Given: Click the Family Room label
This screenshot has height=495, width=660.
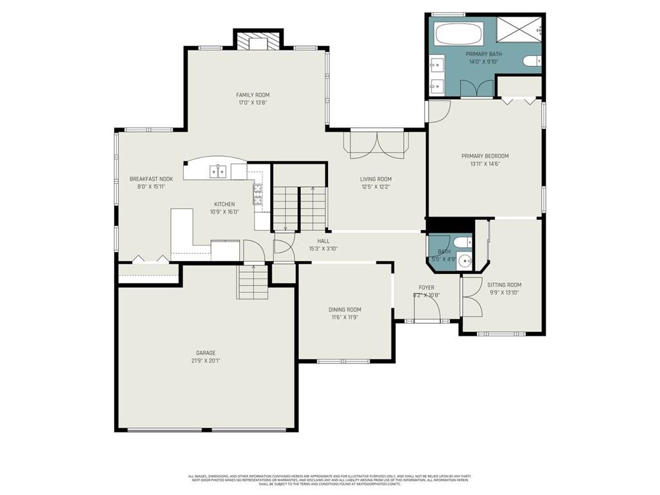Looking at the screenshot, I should (252, 95).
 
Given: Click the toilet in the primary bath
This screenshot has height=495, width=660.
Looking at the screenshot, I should (532, 61).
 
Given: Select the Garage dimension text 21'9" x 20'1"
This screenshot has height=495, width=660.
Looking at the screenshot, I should (206, 361).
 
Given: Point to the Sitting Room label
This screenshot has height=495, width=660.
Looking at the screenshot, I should (504, 285).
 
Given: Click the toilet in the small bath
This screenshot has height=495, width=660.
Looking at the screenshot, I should (461, 242).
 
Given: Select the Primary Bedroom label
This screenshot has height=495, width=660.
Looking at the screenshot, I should (485, 156).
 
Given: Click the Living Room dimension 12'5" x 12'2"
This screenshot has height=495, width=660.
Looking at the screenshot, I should (375, 187).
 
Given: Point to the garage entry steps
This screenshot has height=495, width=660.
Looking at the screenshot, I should (253, 284).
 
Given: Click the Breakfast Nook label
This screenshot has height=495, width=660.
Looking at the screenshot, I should (151, 179).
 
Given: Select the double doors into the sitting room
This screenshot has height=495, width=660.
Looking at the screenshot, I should (471, 296).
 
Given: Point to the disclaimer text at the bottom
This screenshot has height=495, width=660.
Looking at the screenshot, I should (330, 480).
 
